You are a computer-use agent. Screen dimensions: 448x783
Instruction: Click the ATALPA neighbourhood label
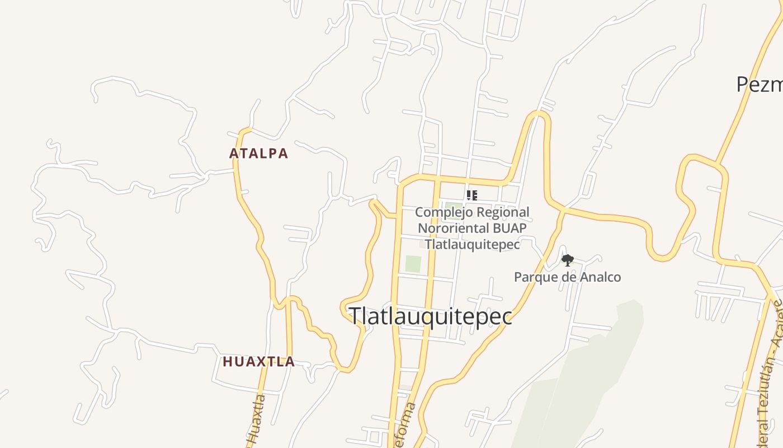(x=258, y=153)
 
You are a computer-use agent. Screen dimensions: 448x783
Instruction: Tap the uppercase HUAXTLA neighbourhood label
(x=258, y=362)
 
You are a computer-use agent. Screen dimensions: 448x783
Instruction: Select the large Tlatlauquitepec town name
(x=430, y=316)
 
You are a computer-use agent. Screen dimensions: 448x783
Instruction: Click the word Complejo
(x=441, y=212)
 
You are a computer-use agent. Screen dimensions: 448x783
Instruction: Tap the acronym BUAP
(x=510, y=228)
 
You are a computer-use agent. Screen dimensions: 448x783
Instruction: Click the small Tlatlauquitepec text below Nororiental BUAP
(x=472, y=244)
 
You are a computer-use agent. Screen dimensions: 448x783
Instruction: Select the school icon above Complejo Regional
(x=472, y=195)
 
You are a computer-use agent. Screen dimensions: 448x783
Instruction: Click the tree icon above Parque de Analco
(x=567, y=260)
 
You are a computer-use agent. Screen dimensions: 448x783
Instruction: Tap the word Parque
(x=534, y=277)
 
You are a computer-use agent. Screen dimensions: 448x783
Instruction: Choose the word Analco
(x=601, y=277)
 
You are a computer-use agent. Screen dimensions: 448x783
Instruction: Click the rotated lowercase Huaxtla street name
(x=256, y=423)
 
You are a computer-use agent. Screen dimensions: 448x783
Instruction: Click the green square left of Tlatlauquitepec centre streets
(x=413, y=264)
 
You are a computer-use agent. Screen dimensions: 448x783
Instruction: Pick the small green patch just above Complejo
(x=453, y=206)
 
